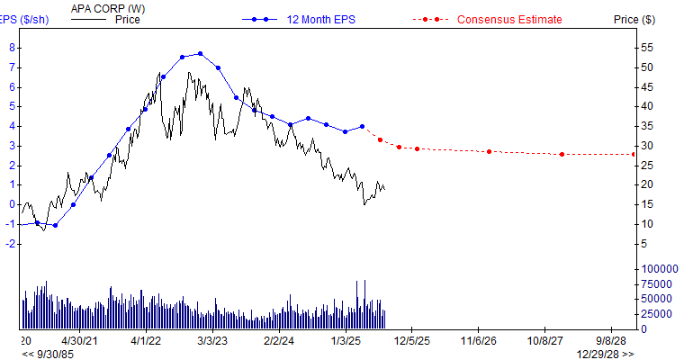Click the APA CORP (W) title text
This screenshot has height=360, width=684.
pyautogui.click(x=107, y=8)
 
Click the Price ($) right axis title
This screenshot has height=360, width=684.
pyautogui.click(x=634, y=19)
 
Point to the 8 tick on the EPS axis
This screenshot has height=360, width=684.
pyautogui.click(x=12, y=48)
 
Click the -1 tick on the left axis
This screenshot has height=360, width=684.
pyautogui.click(x=10, y=224)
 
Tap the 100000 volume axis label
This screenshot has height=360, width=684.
pyautogui.click(x=658, y=269)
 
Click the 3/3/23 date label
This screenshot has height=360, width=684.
pyautogui.click(x=212, y=341)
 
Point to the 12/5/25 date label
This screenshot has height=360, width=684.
pyautogui.click(x=411, y=341)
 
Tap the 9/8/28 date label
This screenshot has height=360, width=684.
pyautogui.click(x=611, y=341)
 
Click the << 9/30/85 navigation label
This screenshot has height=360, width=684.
pyautogui.click(x=49, y=354)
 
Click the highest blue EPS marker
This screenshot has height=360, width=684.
pyautogui.click(x=200, y=54)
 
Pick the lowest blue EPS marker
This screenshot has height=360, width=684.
pyautogui.click(x=55, y=225)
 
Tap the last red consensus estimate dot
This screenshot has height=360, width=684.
pyautogui.click(x=634, y=154)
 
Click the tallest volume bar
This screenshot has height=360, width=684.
pyautogui.click(x=358, y=304)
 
